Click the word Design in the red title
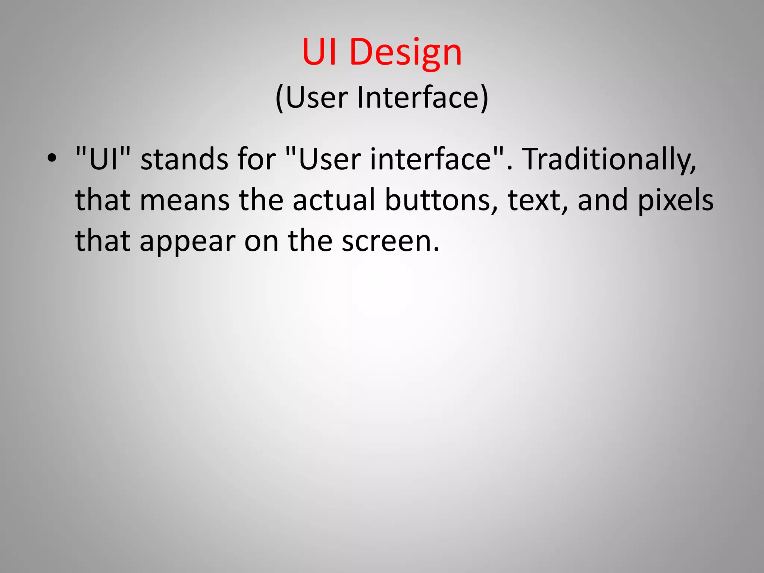tap(406, 52)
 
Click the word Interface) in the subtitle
tap(423, 98)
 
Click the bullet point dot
tap(52, 159)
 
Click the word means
tap(185, 200)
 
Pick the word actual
tap(334, 200)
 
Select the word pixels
tap(676, 200)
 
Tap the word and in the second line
tap(603, 200)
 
